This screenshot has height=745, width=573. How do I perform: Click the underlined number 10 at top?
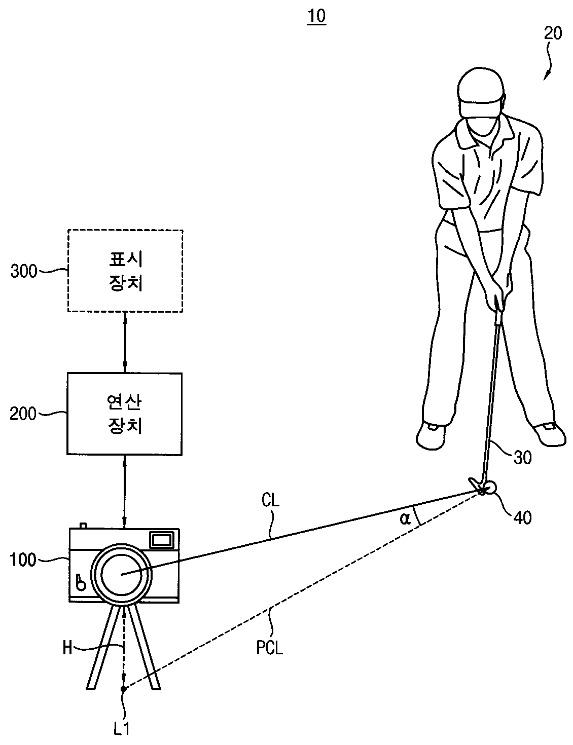coord(316,16)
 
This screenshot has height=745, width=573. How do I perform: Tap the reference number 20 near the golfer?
coord(552,33)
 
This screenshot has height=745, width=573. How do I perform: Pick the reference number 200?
coord(23,414)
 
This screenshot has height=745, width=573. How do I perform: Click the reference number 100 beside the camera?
coord(23,560)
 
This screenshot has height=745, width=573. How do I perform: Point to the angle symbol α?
coord(405,519)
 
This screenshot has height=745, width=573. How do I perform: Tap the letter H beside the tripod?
coord(67,648)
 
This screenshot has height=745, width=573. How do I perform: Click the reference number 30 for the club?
coord(522,457)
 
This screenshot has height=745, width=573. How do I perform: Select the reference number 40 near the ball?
coord(522,517)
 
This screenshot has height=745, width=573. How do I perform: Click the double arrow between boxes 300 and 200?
coord(125,342)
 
